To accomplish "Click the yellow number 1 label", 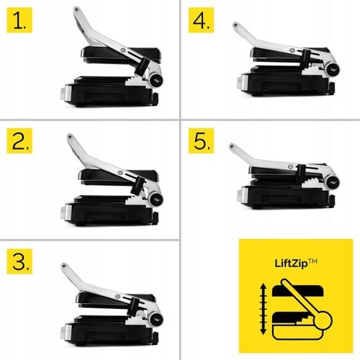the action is click(x=19, y=20).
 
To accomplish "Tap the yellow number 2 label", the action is click(x=19, y=141).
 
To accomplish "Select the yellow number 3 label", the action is click(x=19, y=261).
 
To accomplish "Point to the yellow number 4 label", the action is click(x=201, y=20).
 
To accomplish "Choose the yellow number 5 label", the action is click(x=201, y=141).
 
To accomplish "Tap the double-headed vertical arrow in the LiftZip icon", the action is click(x=264, y=309).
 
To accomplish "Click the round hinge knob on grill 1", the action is click(x=157, y=80).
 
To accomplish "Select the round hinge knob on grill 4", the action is click(x=333, y=70).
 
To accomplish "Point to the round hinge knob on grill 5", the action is click(x=333, y=183).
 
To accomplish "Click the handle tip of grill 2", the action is click(x=70, y=137).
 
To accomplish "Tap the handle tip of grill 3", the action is click(x=64, y=266).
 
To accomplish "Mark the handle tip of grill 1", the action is click(x=76, y=9).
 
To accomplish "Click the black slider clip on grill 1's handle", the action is click(x=142, y=66).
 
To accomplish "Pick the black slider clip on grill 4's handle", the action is click(x=305, y=58).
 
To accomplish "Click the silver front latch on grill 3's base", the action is click(x=64, y=331).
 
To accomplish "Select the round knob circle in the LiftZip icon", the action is click(x=323, y=320).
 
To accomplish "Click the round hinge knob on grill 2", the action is click(x=156, y=199).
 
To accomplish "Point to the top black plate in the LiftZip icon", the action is click(x=298, y=291).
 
